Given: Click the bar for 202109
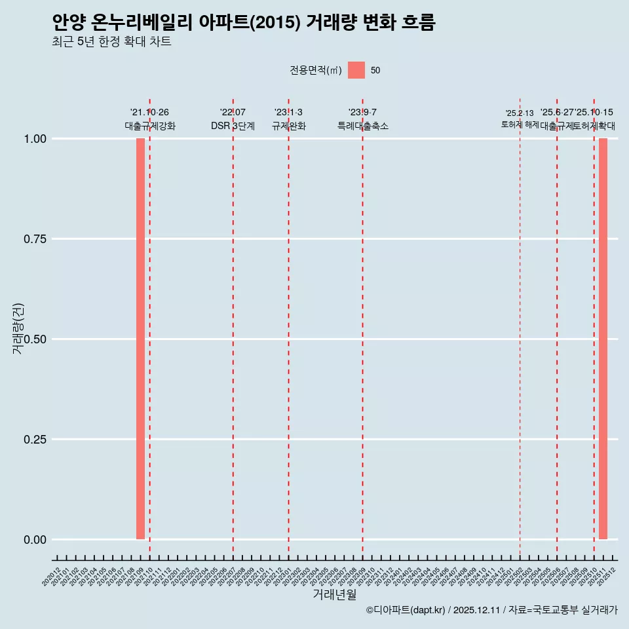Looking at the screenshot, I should [140, 339].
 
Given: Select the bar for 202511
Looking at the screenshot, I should [603, 339].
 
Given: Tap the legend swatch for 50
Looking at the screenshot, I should [356, 70].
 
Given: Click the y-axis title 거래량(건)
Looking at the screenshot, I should [18, 328].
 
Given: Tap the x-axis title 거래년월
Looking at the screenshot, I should [335, 595].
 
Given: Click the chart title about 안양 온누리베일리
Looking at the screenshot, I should [244, 23].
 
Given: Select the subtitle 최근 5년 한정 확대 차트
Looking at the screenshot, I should [111, 42].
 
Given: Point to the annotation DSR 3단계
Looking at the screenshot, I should [233, 126].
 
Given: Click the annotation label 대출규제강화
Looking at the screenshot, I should [150, 126].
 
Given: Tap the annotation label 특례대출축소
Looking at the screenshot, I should [363, 126].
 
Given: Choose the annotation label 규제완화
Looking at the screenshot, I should [289, 126].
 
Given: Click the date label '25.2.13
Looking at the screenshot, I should [520, 113].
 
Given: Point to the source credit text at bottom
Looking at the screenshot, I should [491, 610].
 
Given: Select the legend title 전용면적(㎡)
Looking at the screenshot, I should [316, 70].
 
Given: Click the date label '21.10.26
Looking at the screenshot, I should [149, 113].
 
